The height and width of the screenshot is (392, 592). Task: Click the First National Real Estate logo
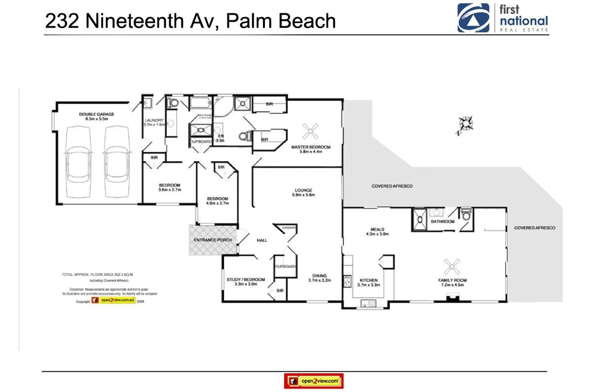(x=502, y=18)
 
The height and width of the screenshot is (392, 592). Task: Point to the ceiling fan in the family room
(x=451, y=267)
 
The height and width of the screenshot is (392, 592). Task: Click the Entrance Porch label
(x=213, y=240)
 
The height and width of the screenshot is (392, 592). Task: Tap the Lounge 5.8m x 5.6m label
(x=303, y=192)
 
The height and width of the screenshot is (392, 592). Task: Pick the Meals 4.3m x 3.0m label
(x=377, y=231)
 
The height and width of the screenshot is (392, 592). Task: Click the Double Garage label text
(x=93, y=116)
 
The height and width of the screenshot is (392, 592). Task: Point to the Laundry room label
(x=153, y=122)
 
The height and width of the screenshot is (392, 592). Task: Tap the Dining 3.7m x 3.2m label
(x=319, y=278)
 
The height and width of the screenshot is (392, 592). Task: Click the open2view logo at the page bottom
(x=314, y=381)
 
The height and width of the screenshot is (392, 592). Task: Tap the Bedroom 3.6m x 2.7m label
(x=170, y=187)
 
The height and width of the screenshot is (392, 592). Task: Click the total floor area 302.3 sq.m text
(x=98, y=274)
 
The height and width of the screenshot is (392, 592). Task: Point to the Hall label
(x=262, y=240)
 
